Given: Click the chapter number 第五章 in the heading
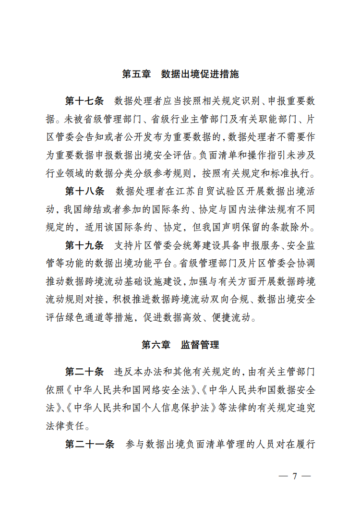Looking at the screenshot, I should pos(136,74).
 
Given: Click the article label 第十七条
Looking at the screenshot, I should pos(84,101).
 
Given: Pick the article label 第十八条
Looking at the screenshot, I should pos(84,191).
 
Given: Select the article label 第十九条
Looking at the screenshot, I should pos(84,245).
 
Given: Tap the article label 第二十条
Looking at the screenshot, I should pos(84,372).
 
